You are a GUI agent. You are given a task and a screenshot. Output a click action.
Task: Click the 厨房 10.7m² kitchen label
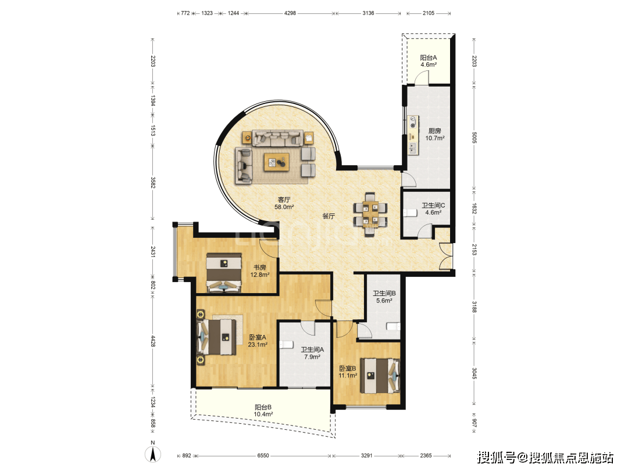tap(434, 134)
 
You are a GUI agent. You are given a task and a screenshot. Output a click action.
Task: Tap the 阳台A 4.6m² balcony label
tap(428, 61)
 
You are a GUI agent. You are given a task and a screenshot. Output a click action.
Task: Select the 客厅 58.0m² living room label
tap(284, 203)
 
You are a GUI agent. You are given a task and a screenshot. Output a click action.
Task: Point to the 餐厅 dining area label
tap(329, 216)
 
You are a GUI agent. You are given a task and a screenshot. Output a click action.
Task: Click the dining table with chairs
tap(370, 214)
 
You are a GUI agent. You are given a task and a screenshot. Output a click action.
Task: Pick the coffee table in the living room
tap(277, 162)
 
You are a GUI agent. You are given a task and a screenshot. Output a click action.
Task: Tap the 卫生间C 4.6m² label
tap(433, 209)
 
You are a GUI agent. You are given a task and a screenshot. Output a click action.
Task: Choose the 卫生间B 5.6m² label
tap(384, 297)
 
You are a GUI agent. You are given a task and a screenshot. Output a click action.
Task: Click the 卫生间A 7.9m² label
tap(312, 353)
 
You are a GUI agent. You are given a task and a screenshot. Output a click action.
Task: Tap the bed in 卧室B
tap(380, 376)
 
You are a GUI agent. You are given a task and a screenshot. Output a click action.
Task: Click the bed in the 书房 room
tap(224, 272)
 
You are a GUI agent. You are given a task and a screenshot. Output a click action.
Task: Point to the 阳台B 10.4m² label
tap(263, 411)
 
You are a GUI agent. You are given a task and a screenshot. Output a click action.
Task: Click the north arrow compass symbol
tap(152, 453)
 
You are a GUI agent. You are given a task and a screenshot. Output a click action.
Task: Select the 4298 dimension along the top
tap(290, 13)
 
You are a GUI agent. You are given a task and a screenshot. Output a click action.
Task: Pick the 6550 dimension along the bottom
tap(263, 456)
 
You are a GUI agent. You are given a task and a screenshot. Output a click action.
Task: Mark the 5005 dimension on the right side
tap(474, 137)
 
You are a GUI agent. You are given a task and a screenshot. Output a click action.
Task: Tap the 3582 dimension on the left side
tap(152, 183)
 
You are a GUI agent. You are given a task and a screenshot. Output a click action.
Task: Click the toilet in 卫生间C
tap(410, 212)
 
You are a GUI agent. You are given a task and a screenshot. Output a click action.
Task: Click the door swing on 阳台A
tap(422, 77)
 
